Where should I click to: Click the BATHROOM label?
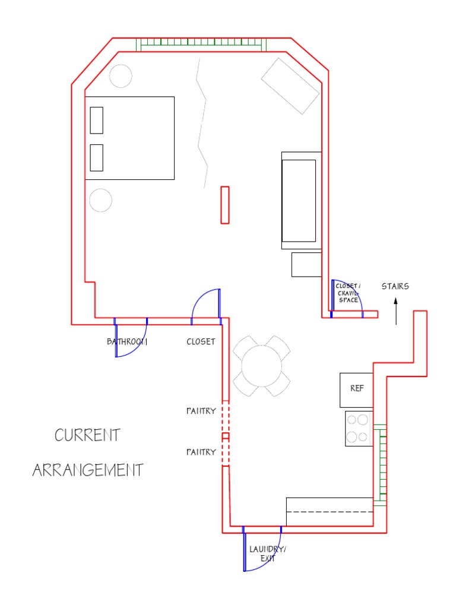tap(127, 342)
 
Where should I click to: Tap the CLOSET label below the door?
tap(201, 342)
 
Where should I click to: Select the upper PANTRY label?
tap(201, 411)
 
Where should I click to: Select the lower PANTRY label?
tap(201, 452)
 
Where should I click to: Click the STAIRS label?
tap(395, 286)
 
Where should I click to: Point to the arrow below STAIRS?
tap(396, 312)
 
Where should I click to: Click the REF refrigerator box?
tap(356, 389)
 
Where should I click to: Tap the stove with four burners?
tap(358, 428)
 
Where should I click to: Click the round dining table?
tap(261, 366)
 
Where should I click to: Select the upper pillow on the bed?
tap(96, 120)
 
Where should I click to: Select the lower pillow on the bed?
tap(96, 157)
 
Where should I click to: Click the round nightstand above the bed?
tap(121, 76)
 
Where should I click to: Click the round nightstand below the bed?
tap(100, 200)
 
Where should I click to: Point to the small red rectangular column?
tap(225, 205)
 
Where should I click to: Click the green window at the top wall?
tap(201, 45)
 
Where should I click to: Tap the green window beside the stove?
tap(380, 464)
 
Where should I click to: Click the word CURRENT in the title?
tap(87, 435)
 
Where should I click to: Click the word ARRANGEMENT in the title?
tap(87, 470)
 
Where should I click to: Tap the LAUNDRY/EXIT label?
tap(267, 554)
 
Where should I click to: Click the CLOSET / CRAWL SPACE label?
tap(349, 293)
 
